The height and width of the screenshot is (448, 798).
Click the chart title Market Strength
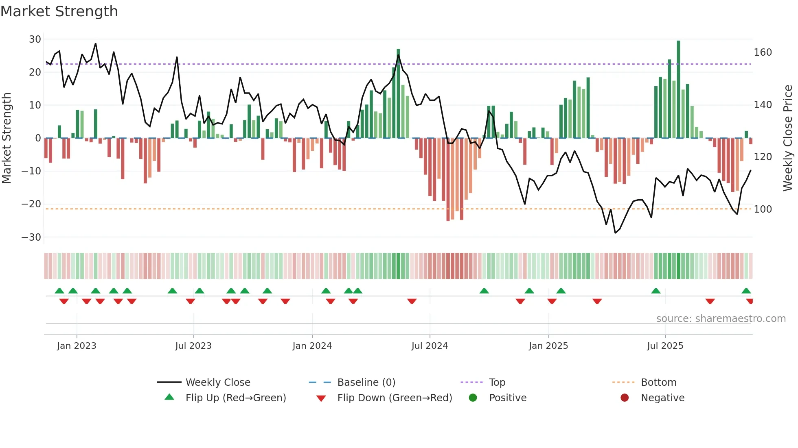[x=59, y=11]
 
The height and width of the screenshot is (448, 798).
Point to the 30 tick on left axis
[x=35, y=39]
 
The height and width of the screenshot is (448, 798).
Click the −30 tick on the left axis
[x=31, y=237]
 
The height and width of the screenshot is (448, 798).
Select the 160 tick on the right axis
[x=763, y=52]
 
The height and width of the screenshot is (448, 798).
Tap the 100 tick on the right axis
[x=763, y=209]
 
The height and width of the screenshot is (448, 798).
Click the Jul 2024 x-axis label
[x=430, y=346]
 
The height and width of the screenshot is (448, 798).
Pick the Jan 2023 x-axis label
[x=77, y=346]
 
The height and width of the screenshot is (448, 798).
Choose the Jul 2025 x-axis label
[x=665, y=346]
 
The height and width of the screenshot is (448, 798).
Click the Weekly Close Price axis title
[x=788, y=138]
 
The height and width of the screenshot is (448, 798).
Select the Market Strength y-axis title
[x=7, y=138]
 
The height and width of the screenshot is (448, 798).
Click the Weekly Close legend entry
[x=218, y=383]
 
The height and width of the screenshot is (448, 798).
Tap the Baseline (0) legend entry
[x=366, y=383]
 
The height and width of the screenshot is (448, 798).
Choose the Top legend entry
[x=497, y=383]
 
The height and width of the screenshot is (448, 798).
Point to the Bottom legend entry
[x=658, y=383]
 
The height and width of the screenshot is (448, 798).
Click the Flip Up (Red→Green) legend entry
[x=235, y=398]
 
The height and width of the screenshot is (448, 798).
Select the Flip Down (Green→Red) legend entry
[x=394, y=398]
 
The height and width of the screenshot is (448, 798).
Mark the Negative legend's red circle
[x=625, y=398]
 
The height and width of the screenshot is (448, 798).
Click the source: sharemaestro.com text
[x=721, y=319]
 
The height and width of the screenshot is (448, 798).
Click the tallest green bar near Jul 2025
[x=678, y=89]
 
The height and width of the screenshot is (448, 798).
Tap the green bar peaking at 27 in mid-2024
[x=398, y=94]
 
